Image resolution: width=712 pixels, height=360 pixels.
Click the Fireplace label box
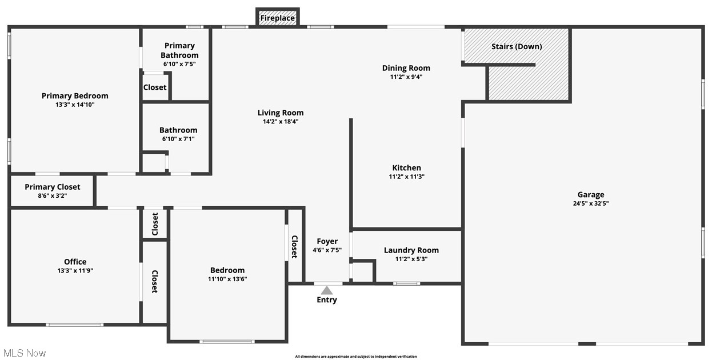278,18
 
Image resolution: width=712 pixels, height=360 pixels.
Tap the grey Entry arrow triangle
326,290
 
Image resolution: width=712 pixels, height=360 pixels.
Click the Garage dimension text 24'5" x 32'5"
590,203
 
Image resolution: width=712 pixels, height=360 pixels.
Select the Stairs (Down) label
517,46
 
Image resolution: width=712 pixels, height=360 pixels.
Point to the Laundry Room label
411,250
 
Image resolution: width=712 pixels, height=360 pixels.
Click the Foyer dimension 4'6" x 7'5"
327,250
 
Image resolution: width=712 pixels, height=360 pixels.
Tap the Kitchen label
406,168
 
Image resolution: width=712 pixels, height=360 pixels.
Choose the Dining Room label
406,68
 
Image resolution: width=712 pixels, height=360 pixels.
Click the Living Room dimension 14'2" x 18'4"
280,121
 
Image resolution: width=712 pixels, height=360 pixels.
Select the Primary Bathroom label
179,50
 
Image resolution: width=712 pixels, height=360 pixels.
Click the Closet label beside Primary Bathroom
155,87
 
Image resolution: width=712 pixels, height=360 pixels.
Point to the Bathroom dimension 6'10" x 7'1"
178,139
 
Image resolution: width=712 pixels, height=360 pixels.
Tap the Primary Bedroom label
75,96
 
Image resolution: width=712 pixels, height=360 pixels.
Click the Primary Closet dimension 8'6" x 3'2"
53,195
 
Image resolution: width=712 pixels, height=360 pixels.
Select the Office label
75,262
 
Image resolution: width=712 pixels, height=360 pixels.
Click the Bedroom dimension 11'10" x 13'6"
227,279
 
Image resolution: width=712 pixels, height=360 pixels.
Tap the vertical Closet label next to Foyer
295,247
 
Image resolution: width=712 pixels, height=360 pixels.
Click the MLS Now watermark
24,353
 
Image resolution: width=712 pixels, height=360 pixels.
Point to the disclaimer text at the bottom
355,357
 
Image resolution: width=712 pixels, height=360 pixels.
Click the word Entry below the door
327,300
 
